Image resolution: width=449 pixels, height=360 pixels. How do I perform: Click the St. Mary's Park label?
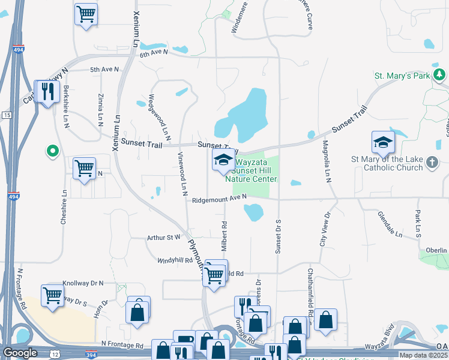[x=402, y=76]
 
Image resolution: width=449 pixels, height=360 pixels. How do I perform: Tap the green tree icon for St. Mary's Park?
[x=441, y=74]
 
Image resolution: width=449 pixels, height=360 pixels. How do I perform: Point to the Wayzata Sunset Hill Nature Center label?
[x=251, y=170]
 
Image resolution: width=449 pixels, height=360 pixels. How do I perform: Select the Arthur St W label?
[x=163, y=238]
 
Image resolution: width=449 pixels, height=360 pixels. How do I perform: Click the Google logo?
[x=20, y=353]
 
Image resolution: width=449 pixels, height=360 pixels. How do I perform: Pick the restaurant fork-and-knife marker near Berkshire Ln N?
[x=46, y=92]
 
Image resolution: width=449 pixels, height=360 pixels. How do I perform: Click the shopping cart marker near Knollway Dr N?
[x=53, y=295]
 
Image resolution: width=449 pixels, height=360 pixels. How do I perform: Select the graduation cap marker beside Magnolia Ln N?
[x=382, y=143]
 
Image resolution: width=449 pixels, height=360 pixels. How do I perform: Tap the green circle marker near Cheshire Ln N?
[x=52, y=151]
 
